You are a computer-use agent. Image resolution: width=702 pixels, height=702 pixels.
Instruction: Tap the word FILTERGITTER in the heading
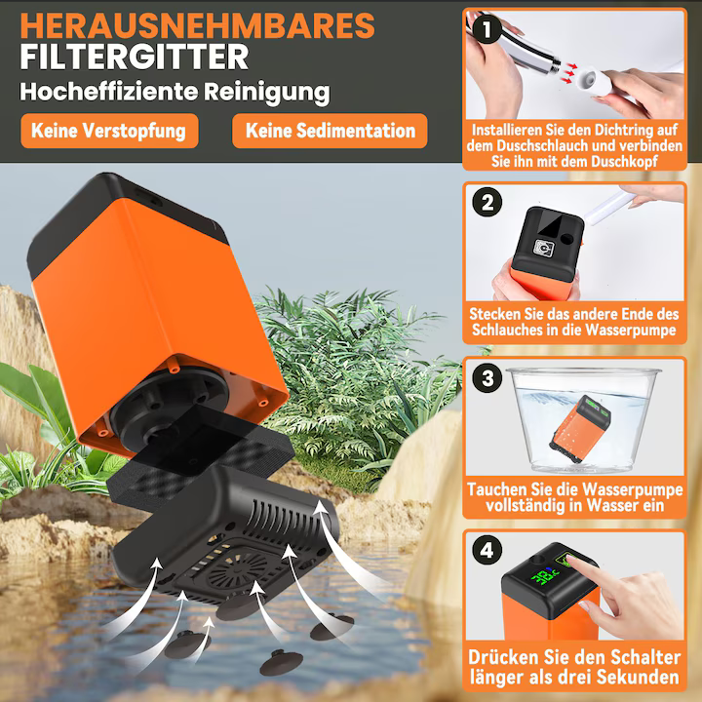click(135, 57)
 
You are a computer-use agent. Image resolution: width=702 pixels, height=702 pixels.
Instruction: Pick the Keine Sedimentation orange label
click(331, 130)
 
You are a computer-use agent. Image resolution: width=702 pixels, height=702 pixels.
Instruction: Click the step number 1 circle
click(487, 29)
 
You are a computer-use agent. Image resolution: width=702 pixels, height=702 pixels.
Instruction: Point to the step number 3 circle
click(487, 377)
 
